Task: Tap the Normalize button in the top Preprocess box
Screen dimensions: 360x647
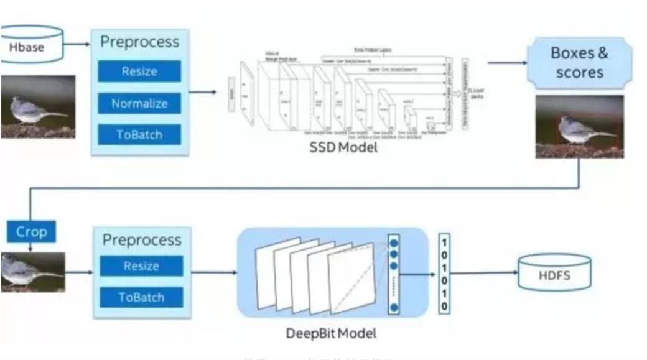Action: [x=139, y=103]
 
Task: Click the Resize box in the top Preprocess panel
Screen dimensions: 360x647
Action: [x=139, y=71]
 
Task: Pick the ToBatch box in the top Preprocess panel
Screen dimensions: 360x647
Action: [x=139, y=134]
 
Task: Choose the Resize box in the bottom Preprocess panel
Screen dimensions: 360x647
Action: [x=141, y=266]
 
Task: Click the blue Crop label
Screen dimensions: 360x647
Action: [x=32, y=232]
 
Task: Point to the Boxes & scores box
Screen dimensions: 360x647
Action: [x=579, y=63]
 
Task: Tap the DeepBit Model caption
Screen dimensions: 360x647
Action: [x=332, y=333]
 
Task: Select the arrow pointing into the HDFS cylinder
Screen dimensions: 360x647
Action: [x=485, y=272]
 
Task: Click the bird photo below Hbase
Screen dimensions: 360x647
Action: [x=37, y=106]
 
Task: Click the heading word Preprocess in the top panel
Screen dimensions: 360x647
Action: [x=140, y=42]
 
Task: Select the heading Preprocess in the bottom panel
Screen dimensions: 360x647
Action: [x=142, y=240]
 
